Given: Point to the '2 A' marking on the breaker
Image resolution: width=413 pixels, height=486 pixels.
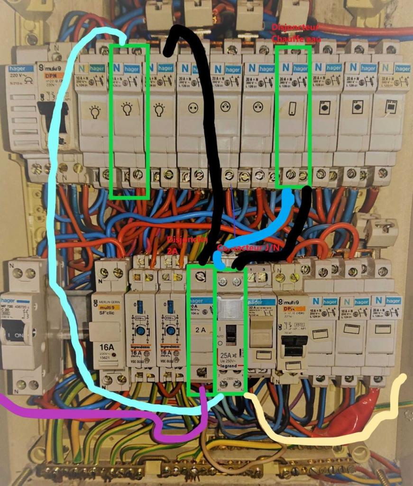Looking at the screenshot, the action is tap(201, 329).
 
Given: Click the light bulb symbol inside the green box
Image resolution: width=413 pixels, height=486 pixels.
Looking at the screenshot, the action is tap(127, 110).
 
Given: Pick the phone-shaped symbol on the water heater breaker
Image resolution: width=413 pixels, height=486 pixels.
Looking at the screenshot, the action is tap(292, 109).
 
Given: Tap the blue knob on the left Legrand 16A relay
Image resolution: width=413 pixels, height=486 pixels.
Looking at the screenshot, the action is tap(141, 331).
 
